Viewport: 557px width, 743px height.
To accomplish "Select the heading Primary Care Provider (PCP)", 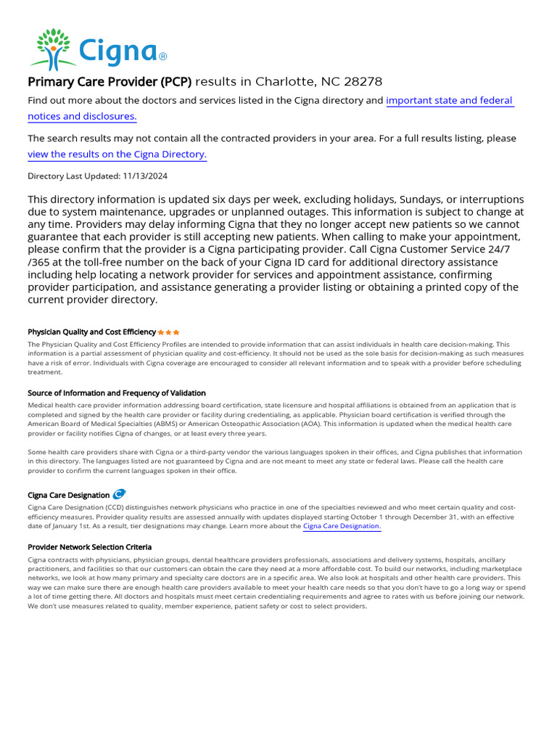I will pos(110,81).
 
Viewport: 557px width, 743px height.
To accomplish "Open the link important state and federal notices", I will pos(449,101).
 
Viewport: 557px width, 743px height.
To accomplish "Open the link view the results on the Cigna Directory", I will pos(117,155).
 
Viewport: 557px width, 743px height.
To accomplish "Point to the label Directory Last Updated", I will pos(73,176).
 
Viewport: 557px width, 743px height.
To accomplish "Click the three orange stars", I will pos(168,332).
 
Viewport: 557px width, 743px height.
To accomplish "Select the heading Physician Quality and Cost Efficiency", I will pos(91,332).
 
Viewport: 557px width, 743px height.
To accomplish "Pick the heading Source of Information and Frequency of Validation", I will pos(116,393).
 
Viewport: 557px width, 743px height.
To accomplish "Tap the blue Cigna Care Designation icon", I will pos(119,495).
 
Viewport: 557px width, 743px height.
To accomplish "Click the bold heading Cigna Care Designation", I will pos(68,496).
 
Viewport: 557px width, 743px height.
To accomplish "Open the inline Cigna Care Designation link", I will pos(341,526).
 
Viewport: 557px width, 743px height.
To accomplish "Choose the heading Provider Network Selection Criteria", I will pos(89,547).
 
